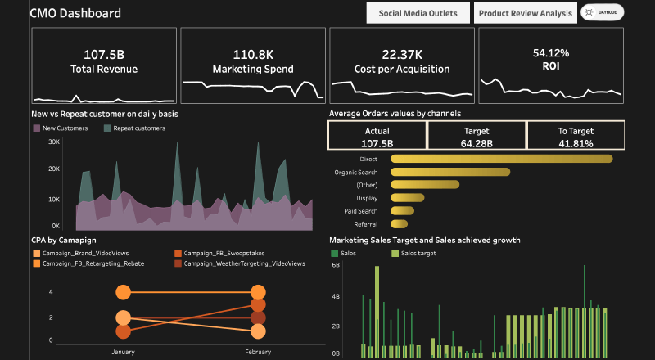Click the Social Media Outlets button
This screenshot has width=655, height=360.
(x=418, y=13)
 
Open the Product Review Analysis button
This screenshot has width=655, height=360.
(x=525, y=13)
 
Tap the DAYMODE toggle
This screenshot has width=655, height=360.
(x=602, y=13)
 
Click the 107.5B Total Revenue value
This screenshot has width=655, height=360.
(x=104, y=55)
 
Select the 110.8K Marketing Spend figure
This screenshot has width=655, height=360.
(x=253, y=55)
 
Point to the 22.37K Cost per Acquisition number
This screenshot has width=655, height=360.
(x=402, y=55)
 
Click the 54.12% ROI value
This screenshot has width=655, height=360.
(x=550, y=52)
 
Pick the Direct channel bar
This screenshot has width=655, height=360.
(x=501, y=159)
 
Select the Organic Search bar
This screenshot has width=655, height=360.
(x=450, y=172)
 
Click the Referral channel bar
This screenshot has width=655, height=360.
(x=400, y=223)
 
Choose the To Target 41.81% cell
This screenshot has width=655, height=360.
(x=575, y=136)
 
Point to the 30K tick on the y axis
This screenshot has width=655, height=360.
(x=54, y=142)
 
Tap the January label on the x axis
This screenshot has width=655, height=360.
(x=123, y=351)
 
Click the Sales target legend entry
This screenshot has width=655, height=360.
(x=418, y=254)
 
